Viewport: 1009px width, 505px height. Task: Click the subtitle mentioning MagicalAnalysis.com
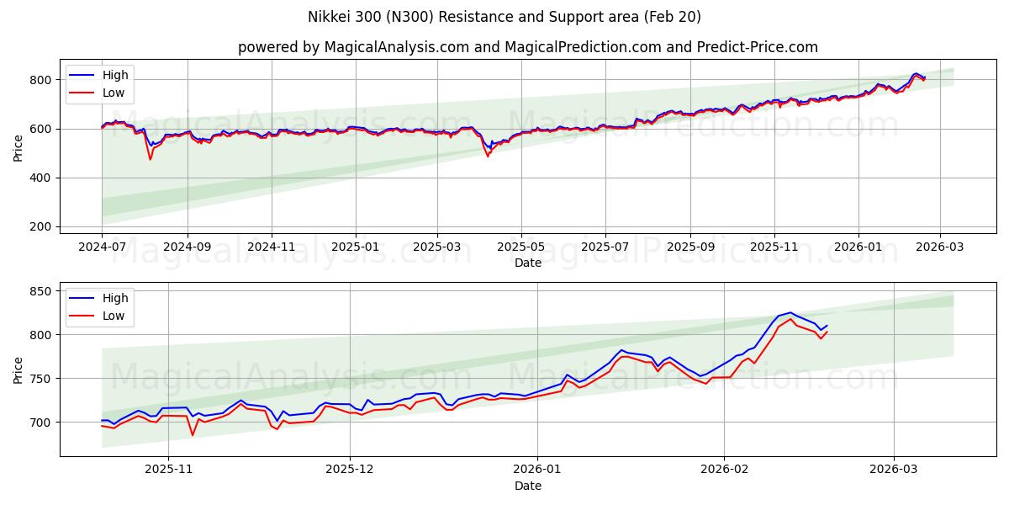point(527,47)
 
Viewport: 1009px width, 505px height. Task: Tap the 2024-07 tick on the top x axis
point(102,247)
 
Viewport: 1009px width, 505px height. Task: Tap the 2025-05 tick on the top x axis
point(520,247)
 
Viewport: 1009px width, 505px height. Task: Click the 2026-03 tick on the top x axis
point(939,247)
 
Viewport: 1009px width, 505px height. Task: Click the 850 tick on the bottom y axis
point(42,291)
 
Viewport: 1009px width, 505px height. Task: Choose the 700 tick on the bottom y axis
point(42,422)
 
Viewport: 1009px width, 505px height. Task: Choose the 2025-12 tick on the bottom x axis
point(350,470)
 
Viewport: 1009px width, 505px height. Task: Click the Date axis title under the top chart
point(527,263)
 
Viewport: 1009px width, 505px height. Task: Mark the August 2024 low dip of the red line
point(151,159)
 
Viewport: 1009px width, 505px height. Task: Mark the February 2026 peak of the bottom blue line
point(790,312)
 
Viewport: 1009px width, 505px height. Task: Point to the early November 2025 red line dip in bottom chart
point(192,434)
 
